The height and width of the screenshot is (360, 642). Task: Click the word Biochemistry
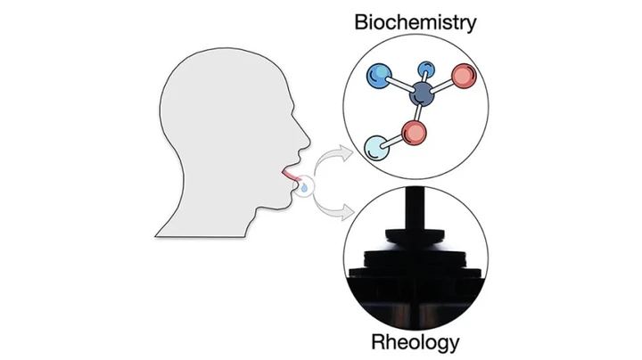point(416,23)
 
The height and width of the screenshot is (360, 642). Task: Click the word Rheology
point(416,342)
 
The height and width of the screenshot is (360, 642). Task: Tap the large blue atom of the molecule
point(380,76)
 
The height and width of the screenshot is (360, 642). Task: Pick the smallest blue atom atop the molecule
point(426,70)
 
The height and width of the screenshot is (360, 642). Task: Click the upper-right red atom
point(464,76)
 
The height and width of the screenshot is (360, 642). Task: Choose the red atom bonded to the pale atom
point(414,133)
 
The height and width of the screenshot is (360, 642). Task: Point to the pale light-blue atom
point(376,148)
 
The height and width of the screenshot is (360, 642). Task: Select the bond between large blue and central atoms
point(401,85)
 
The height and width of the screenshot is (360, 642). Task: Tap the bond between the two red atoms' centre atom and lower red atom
point(418,113)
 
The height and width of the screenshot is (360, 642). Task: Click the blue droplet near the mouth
point(304,188)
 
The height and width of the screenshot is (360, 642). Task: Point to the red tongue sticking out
point(291,176)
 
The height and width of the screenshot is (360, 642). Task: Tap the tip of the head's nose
point(309,144)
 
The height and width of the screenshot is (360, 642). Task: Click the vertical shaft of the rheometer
point(416,208)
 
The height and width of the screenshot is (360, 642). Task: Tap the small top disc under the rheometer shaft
point(416,235)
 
